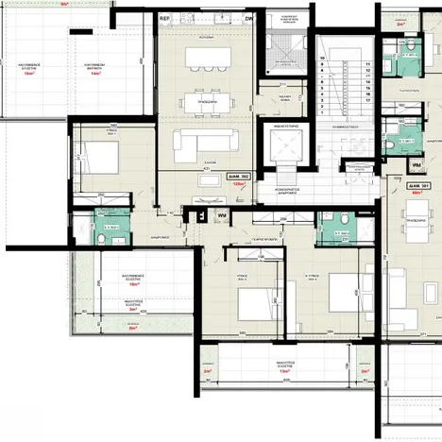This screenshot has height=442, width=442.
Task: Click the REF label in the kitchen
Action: tap(164, 18)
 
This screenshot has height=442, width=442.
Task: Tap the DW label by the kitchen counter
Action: tap(248, 18)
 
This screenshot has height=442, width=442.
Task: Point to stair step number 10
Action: tap(323, 59)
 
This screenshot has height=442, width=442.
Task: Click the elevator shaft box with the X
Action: tap(283, 148)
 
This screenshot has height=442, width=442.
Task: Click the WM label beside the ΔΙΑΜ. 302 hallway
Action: tap(220, 215)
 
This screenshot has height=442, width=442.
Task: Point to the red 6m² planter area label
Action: tap(131, 329)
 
